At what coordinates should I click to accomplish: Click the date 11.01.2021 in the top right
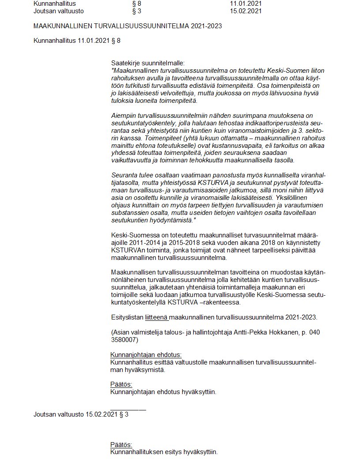tap(246, 4)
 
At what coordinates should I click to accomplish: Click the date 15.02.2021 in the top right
tap(246, 11)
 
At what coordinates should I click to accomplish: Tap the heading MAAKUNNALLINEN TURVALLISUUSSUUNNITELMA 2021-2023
tap(127, 26)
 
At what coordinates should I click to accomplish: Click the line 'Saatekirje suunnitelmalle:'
tap(148, 63)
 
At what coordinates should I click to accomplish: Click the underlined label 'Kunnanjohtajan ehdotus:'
tap(146, 355)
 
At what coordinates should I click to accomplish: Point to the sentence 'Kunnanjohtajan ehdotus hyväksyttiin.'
tap(163, 391)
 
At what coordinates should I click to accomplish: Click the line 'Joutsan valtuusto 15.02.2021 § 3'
tap(81, 414)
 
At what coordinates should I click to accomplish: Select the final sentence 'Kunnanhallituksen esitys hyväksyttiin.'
tap(164, 452)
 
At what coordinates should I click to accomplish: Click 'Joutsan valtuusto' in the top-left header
tap(58, 11)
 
